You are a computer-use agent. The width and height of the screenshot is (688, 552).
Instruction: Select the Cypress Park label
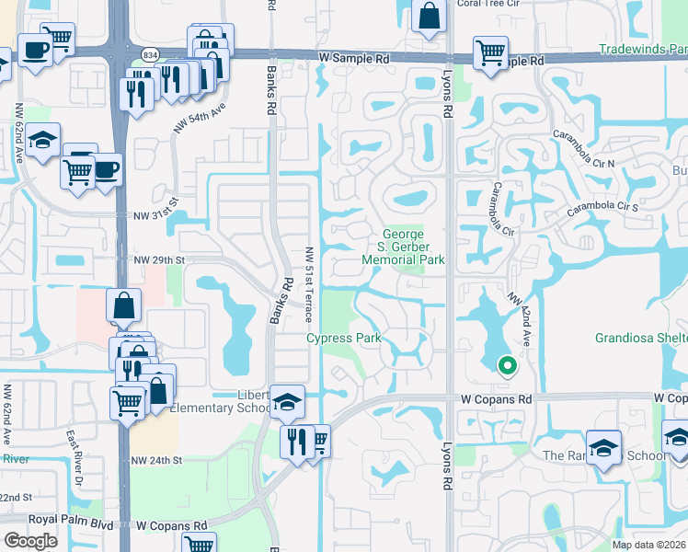[x=344, y=339]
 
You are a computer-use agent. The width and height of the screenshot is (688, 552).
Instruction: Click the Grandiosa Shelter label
[x=641, y=339]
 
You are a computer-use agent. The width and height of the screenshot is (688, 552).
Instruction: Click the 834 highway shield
[x=151, y=55]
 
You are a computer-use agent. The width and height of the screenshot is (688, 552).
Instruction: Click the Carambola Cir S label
[x=602, y=207]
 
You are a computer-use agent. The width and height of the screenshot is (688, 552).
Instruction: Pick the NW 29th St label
[x=159, y=260]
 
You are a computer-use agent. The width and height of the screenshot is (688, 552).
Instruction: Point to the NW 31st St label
[x=154, y=215]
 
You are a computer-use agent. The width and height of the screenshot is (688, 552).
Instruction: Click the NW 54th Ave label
[x=200, y=119]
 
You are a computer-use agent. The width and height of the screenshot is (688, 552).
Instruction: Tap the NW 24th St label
[x=156, y=460]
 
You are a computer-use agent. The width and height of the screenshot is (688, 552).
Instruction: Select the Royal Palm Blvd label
[x=70, y=519]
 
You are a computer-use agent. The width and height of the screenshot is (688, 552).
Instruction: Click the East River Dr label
[x=76, y=453]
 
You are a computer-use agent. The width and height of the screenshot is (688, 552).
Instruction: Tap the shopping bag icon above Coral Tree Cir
[x=430, y=15]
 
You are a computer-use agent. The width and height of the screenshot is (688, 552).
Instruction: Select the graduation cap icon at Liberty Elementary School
[x=288, y=401]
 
